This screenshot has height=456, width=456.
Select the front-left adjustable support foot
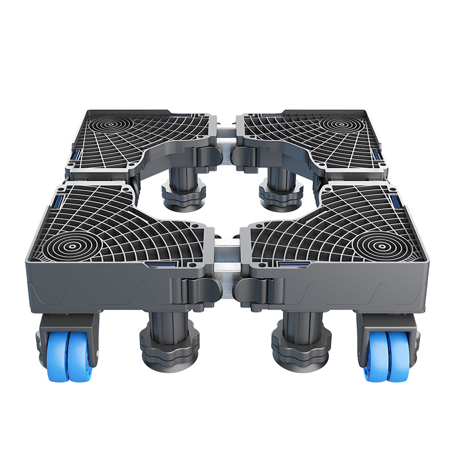[170, 342]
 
